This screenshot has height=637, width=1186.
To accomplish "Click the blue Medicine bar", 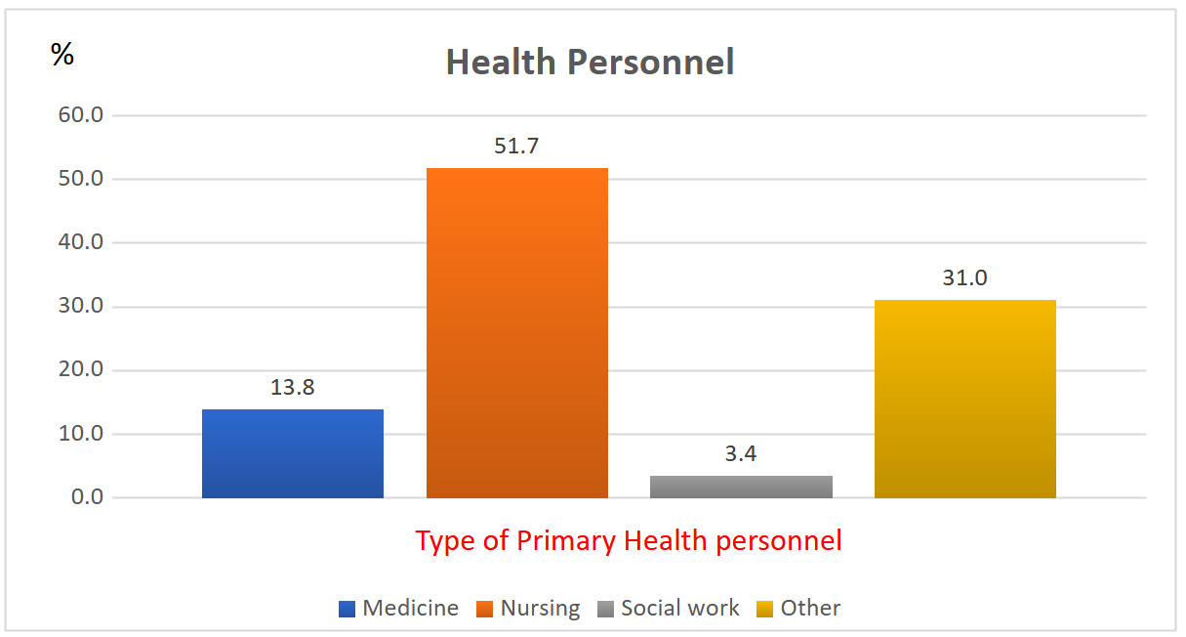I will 292,453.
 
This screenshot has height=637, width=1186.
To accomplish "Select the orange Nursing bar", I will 517,333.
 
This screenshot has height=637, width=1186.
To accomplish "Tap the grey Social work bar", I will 741,487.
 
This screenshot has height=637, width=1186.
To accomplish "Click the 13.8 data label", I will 293,387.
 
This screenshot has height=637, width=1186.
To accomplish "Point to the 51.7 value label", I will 517,147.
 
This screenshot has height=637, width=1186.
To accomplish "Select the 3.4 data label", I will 741,454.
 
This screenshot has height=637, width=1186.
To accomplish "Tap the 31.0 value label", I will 964,278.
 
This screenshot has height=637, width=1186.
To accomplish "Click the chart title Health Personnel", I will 590,63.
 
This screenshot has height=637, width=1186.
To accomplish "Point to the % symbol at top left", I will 62,56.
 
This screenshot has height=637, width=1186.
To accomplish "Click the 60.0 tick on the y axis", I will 80,115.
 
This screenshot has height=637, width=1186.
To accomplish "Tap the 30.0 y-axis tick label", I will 80,307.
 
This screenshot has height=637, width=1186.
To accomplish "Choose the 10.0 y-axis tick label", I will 80,434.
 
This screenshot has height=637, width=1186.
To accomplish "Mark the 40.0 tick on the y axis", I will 80,242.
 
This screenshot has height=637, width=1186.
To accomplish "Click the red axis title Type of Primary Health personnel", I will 629,540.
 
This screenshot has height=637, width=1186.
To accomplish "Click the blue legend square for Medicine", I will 347,609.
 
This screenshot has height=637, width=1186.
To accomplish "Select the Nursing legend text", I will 540,608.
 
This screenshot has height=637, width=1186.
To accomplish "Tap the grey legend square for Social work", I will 605,609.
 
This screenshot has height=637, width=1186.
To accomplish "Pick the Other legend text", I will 810,608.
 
